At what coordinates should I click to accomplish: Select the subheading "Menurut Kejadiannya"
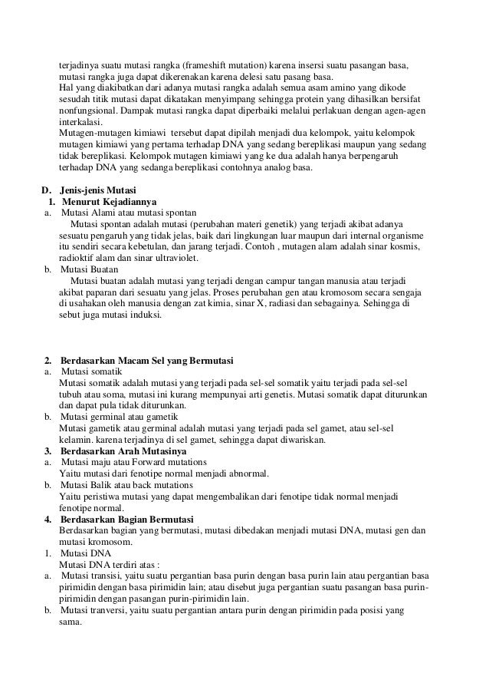110,203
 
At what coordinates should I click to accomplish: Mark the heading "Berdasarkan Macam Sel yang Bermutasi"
147,361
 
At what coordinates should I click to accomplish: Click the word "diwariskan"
303,440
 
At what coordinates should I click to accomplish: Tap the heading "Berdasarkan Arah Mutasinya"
126,451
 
